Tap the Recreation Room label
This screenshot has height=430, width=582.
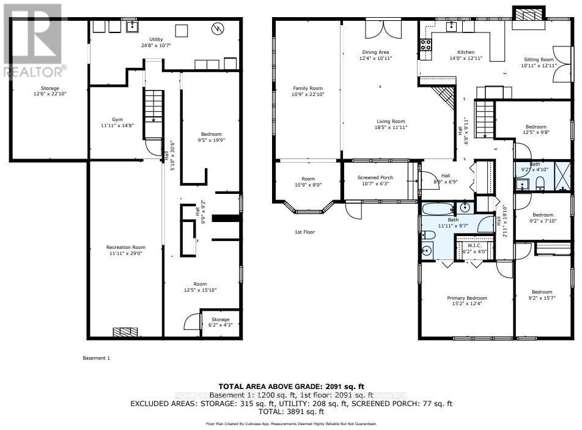[x=126, y=248]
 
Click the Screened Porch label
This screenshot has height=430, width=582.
[x=376, y=178]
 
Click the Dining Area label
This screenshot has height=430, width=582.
[x=375, y=52]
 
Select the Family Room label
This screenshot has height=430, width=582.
[x=307, y=89]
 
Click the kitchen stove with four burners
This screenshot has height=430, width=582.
[x=425, y=44]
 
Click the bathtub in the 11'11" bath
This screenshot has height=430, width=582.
[x=437, y=209]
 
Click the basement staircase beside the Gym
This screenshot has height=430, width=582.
[x=154, y=107]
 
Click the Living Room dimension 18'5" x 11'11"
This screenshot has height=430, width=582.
[x=391, y=128]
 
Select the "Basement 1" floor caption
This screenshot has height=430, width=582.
[x=96, y=358]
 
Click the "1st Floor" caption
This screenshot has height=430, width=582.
[x=304, y=232]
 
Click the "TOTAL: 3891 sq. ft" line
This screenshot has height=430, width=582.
[x=291, y=412]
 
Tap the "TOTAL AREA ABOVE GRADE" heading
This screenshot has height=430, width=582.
[x=291, y=386]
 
